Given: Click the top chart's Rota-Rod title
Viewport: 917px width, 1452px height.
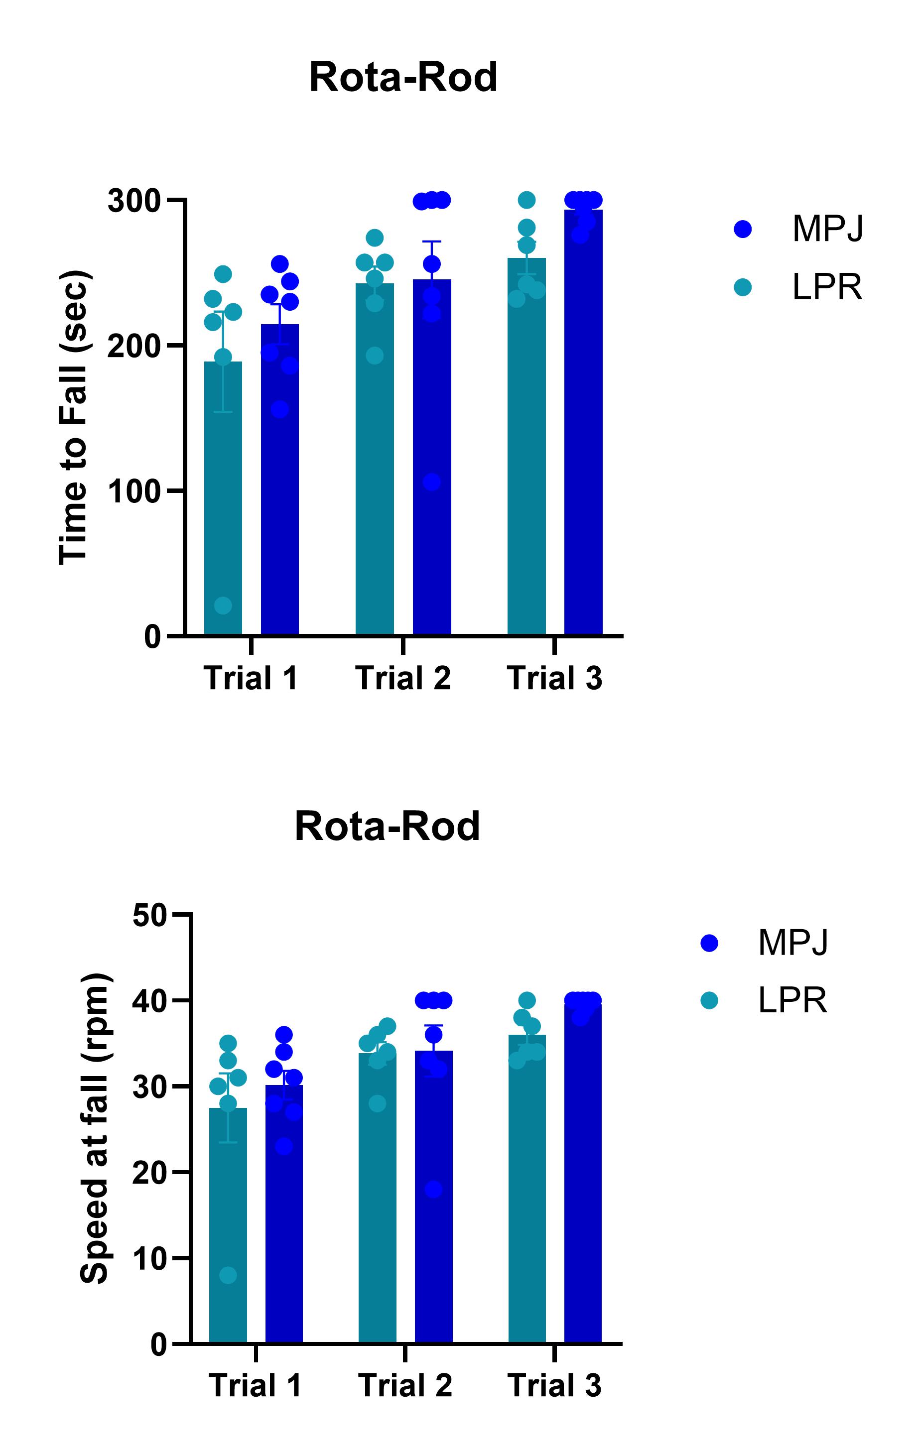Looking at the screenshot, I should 403,78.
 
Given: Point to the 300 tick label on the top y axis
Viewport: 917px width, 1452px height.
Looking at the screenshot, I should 134,201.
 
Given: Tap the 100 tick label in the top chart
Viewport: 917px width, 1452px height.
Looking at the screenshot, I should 134,492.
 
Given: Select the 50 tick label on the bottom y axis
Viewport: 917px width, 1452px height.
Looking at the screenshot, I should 149,916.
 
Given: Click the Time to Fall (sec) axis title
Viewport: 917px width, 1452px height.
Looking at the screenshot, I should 74,418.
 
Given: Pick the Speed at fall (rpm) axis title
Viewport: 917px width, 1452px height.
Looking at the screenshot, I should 95,1128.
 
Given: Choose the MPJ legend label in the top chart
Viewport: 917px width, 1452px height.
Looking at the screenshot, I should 828,229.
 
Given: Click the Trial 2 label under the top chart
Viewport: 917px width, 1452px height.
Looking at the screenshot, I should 402,678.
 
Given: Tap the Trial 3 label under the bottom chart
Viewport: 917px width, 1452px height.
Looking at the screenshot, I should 554,1385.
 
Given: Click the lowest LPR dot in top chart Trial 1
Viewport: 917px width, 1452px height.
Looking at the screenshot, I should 223,605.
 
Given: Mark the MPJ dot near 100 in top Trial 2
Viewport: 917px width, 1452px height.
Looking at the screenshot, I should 431,482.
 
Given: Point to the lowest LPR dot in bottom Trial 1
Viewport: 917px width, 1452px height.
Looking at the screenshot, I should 228,1275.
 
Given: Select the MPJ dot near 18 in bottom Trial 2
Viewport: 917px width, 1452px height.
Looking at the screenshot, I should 433,1190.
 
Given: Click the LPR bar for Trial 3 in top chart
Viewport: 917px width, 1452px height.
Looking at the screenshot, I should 526,458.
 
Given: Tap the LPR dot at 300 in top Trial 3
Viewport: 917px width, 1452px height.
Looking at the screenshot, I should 526,200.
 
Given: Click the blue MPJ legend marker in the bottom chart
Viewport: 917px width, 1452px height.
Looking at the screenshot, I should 709,944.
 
